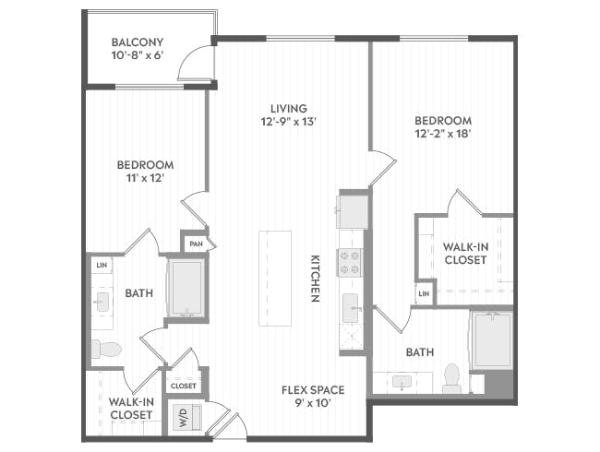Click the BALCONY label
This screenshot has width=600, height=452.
click(137, 42)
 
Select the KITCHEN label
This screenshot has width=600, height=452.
click(315, 279)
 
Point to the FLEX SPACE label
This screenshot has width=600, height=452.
click(307, 390)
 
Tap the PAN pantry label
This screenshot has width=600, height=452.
click(195, 244)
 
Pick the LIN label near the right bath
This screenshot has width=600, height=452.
click(424, 293)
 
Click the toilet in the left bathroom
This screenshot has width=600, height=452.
click(105, 349)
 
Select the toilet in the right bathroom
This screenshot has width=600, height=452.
click(451, 376)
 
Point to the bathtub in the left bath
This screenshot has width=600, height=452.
click(186, 288)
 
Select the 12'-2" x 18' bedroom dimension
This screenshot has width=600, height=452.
click(443, 135)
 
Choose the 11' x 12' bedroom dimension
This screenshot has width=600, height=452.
click(144, 178)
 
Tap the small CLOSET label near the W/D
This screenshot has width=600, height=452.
click(184, 386)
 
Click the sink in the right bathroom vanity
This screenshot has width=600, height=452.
click(402, 380)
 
